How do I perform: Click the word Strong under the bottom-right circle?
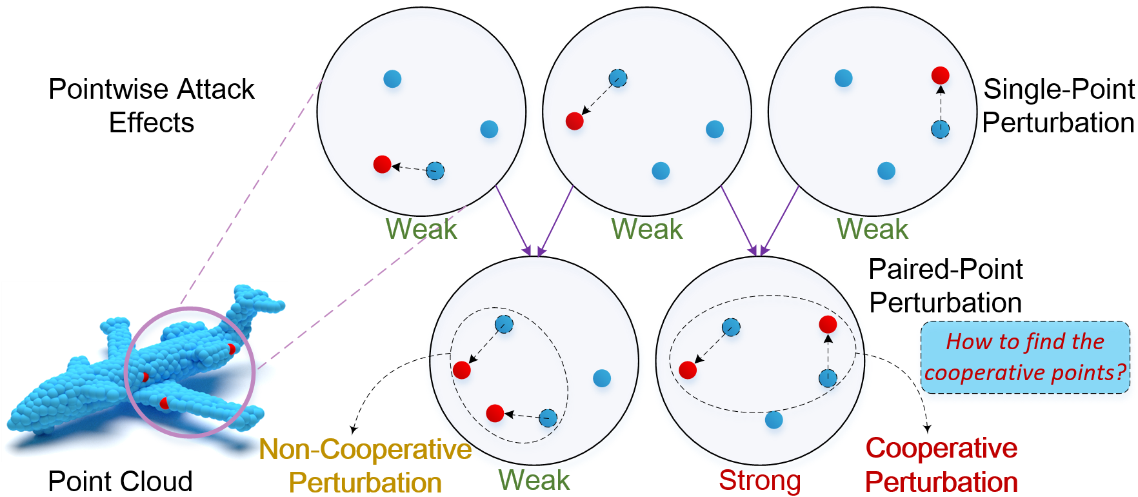[x=760, y=480]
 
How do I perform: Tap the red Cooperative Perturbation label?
[x=941, y=465]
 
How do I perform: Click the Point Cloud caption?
[x=120, y=482]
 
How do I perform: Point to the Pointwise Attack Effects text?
[x=152, y=106]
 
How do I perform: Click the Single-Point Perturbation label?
[x=1058, y=106]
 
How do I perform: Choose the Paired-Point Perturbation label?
[x=945, y=286]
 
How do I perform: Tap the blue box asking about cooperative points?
[x=1025, y=357]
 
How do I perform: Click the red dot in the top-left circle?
[x=382, y=164]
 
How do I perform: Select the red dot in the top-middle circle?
[x=574, y=121]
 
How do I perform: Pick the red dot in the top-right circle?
[x=940, y=76]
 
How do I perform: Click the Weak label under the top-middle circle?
[x=647, y=229]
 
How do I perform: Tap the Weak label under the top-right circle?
[x=872, y=229]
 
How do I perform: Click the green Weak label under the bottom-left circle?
[x=534, y=480]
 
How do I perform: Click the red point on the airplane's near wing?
[x=165, y=403]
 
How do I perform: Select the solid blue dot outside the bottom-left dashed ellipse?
[x=601, y=378]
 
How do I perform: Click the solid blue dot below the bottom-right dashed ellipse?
[x=774, y=420]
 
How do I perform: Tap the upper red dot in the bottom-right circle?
[x=828, y=324]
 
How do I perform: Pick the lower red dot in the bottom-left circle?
[x=495, y=413]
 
